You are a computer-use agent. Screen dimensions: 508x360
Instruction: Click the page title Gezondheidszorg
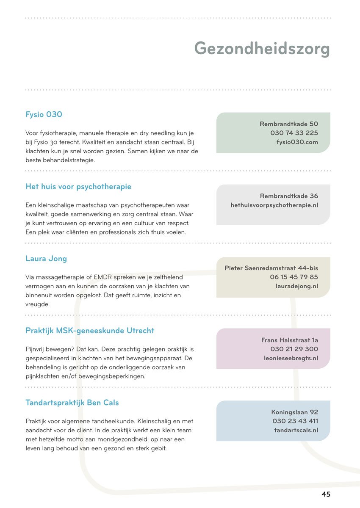[x=262, y=49]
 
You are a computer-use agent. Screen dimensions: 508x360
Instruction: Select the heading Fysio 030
[x=44, y=115]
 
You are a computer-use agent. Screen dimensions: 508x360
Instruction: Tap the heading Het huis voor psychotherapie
[x=78, y=187]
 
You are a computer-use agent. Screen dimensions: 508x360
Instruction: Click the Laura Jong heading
[x=46, y=259]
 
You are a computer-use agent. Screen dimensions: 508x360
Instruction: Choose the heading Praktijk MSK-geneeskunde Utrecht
[x=90, y=331]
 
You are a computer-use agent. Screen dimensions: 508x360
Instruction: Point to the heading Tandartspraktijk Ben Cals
[x=72, y=403]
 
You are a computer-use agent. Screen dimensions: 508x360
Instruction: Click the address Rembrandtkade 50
[x=289, y=124]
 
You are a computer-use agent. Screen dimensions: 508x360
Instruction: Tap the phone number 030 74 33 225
[x=294, y=133]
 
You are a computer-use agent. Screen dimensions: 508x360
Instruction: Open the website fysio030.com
[x=297, y=142]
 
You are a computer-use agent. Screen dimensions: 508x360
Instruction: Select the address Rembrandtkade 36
[x=289, y=196]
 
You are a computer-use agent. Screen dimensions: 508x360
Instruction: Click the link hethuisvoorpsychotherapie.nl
[x=274, y=205]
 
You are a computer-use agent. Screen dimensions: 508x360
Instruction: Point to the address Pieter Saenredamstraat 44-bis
[x=271, y=268]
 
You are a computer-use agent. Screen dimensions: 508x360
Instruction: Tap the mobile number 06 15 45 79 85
[x=294, y=277]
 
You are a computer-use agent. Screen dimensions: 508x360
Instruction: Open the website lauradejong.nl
[x=296, y=287]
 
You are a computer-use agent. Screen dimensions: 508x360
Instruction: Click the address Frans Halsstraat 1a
[x=290, y=340]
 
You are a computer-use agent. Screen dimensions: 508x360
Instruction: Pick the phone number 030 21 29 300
[x=294, y=349]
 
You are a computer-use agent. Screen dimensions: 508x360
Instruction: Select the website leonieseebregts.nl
[x=291, y=359]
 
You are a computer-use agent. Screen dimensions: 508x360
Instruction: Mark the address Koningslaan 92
[x=294, y=412]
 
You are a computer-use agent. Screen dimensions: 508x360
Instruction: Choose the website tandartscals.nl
[x=296, y=431]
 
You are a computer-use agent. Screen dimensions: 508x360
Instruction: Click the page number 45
[x=326, y=494]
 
